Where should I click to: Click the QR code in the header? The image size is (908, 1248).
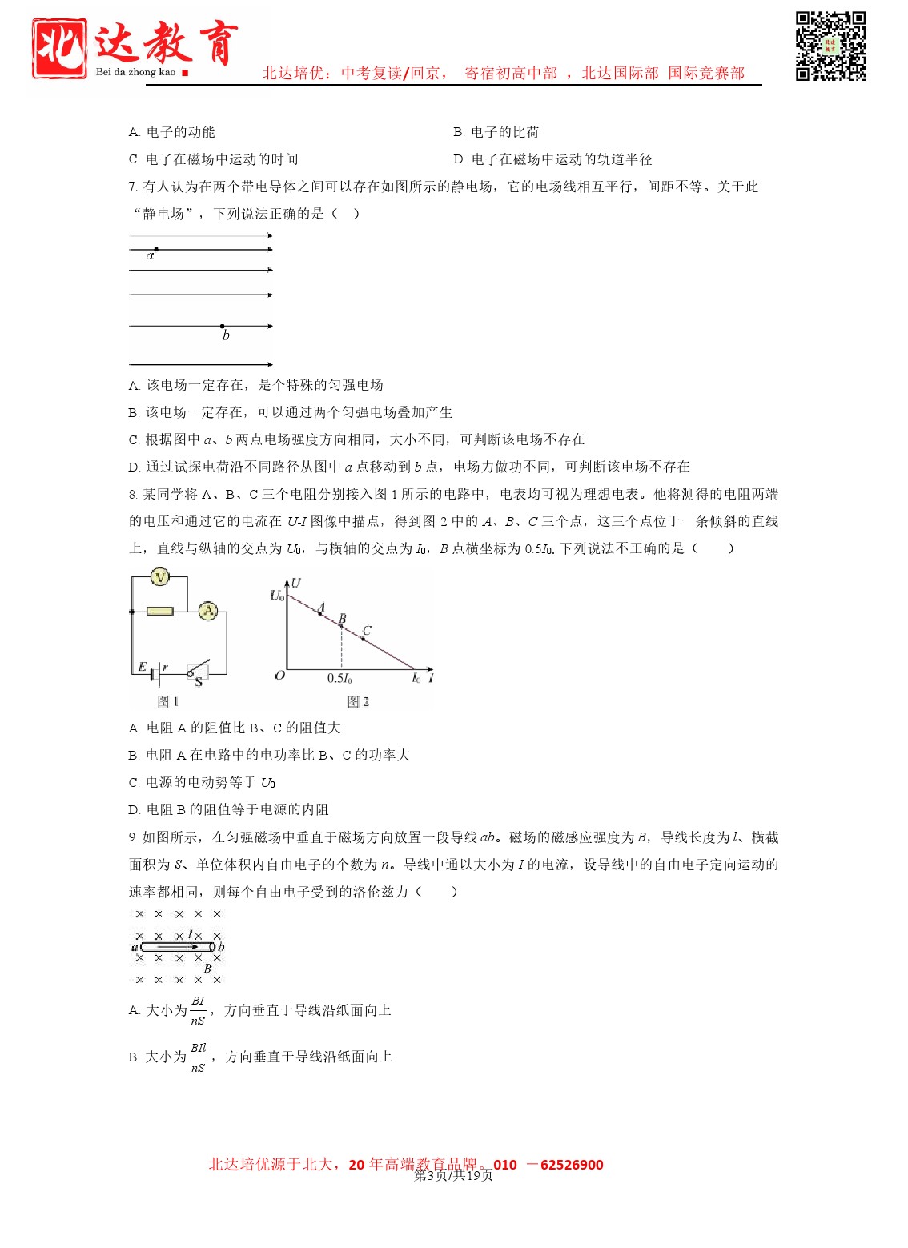pyautogui.click(x=830, y=46)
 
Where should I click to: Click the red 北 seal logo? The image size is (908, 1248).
pyautogui.click(x=59, y=49)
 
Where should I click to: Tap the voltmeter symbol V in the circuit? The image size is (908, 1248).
pyautogui.click(x=160, y=577)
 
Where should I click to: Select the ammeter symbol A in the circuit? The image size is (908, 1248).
pyautogui.click(x=208, y=611)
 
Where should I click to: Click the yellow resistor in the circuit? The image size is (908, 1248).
pyautogui.click(x=159, y=612)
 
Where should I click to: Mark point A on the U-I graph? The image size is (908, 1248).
pyautogui.click(x=320, y=613)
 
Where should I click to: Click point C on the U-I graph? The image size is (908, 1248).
pyautogui.click(x=363, y=638)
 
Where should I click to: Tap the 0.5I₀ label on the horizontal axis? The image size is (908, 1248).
pyautogui.click(x=339, y=679)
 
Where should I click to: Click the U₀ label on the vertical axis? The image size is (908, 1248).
pyautogui.click(x=277, y=596)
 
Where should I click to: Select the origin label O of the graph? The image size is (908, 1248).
pyautogui.click(x=279, y=676)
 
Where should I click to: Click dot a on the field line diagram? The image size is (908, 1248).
pyautogui.click(x=156, y=250)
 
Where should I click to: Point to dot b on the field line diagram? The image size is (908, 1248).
pyautogui.click(x=223, y=327)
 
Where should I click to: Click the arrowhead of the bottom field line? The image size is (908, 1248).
pyautogui.click(x=270, y=364)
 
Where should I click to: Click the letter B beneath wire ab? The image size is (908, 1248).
pyautogui.click(x=207, y=969)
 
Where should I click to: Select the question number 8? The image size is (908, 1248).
pyautogui.click(x=132, y=495)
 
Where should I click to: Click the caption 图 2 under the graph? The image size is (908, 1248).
pyautogui.click(x=358, y=702)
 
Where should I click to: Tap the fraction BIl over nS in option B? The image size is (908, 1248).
pyautogui.click(x=198, y=1057)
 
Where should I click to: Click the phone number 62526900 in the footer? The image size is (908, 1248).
pyautogui.click(x=572, y=1165)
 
